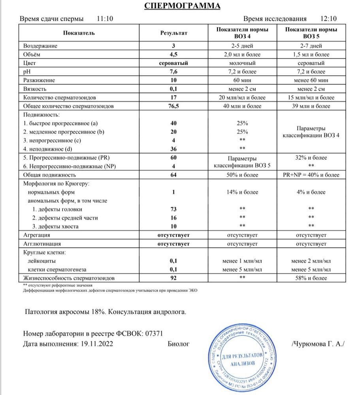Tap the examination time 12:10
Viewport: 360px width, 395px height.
(328, 19)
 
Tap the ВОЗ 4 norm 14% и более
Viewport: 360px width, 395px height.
(242, 192)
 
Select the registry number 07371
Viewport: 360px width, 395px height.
(152, 333)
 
